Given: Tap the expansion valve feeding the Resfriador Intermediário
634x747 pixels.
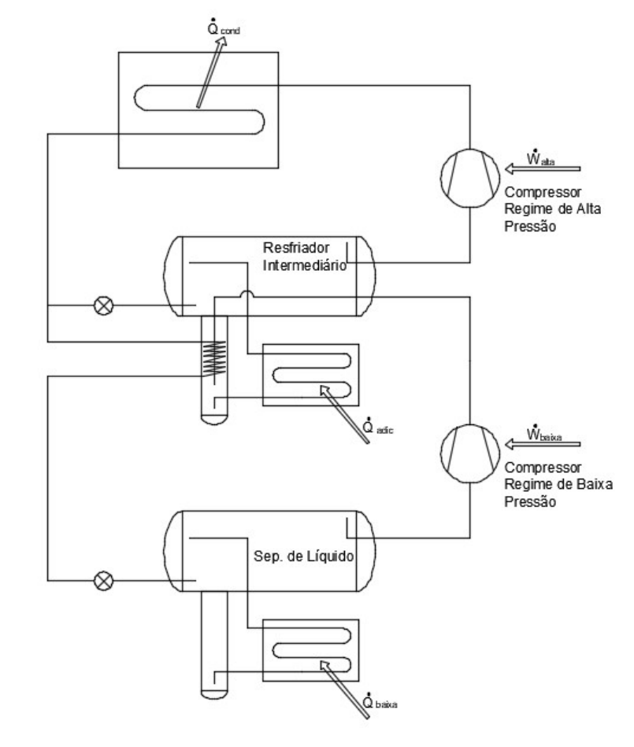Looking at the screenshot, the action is click(103, 305).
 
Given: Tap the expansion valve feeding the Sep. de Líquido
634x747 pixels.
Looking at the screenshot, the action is click(103, 581).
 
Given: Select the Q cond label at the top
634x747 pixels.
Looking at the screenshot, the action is click(223, 28).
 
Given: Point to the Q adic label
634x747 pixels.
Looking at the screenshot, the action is click(377, 426).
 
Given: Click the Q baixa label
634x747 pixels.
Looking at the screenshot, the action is click(380, 701).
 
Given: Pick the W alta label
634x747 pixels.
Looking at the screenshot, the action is click(540, 157).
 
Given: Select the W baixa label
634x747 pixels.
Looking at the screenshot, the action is click(544, 433).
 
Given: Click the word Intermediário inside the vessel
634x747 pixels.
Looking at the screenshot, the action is click(305, 265).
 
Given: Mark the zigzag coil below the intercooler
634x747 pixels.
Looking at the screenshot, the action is click(214, 358).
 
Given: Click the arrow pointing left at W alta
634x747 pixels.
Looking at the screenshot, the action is click(543, 168).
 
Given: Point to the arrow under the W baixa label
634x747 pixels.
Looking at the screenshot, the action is click(543, 444).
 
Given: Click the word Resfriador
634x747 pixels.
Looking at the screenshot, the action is click(296, 248).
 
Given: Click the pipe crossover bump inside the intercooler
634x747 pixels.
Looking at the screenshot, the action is click(247, 293).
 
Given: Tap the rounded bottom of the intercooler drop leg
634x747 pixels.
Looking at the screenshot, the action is click(214, 419).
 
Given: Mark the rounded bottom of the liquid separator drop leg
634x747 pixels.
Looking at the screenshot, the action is click(214, 693).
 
